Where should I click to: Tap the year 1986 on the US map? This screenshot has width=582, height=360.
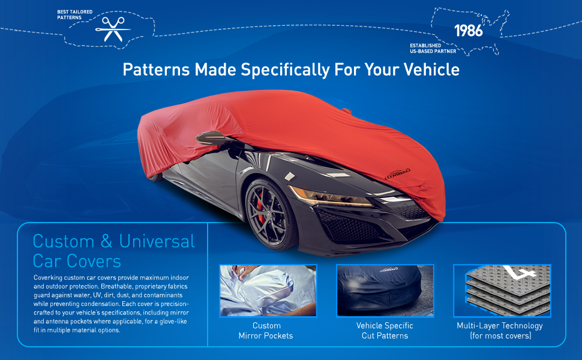tap(469, 31)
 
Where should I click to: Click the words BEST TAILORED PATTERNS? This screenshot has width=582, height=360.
tap(74, 14)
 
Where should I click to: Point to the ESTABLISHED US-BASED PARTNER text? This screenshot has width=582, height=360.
tap(433, 48)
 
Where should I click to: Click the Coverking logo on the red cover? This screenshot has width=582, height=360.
tap(398, 173)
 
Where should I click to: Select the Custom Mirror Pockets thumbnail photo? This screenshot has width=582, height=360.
tap(268, 290)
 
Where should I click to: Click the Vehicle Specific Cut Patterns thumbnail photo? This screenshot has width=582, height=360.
tap(385, 290)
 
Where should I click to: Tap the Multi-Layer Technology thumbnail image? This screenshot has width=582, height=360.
tap(502, 290)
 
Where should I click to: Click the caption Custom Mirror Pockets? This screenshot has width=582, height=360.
tap(266, 331)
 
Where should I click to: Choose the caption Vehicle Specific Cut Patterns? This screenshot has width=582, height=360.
tap(385, 331)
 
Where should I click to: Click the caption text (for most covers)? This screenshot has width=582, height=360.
tap(500, 335)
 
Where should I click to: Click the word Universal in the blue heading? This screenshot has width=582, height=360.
tap(157, 242)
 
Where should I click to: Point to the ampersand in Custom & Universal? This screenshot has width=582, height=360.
tap(107, 242)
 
